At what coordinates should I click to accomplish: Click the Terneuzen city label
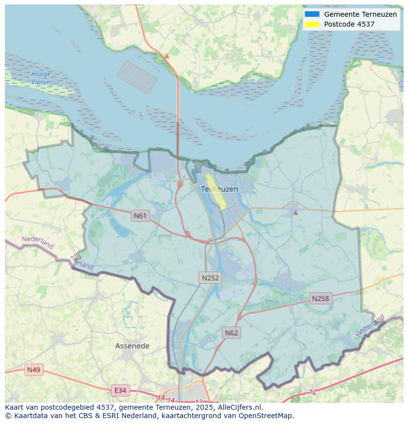click(219, 189)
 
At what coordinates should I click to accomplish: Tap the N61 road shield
click(140, 216)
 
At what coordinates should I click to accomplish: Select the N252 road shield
click(210, 278)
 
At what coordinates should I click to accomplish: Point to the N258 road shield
click(320, 298)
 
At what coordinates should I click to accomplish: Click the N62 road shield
click(231, 333)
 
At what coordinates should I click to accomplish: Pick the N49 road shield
click(34, 370)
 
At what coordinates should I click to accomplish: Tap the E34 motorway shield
click(120, 391)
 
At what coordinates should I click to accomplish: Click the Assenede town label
click(132, 346)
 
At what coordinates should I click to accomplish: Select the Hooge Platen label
click(41, 78)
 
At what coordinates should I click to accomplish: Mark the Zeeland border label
click(82, 261)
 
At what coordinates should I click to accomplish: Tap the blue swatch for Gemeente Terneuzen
click(312, 14)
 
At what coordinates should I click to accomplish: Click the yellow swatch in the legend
click(312, 24)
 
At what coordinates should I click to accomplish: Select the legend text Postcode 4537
click(349, 24)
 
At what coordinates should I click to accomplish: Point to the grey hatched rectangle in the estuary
click(137, 77)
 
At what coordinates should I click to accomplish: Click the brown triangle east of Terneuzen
click(295, 212)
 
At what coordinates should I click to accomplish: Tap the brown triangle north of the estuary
click(167, 56)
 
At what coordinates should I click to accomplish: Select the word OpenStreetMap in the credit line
click(267, 416)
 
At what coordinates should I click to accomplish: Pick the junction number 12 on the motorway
click(313, 392)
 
